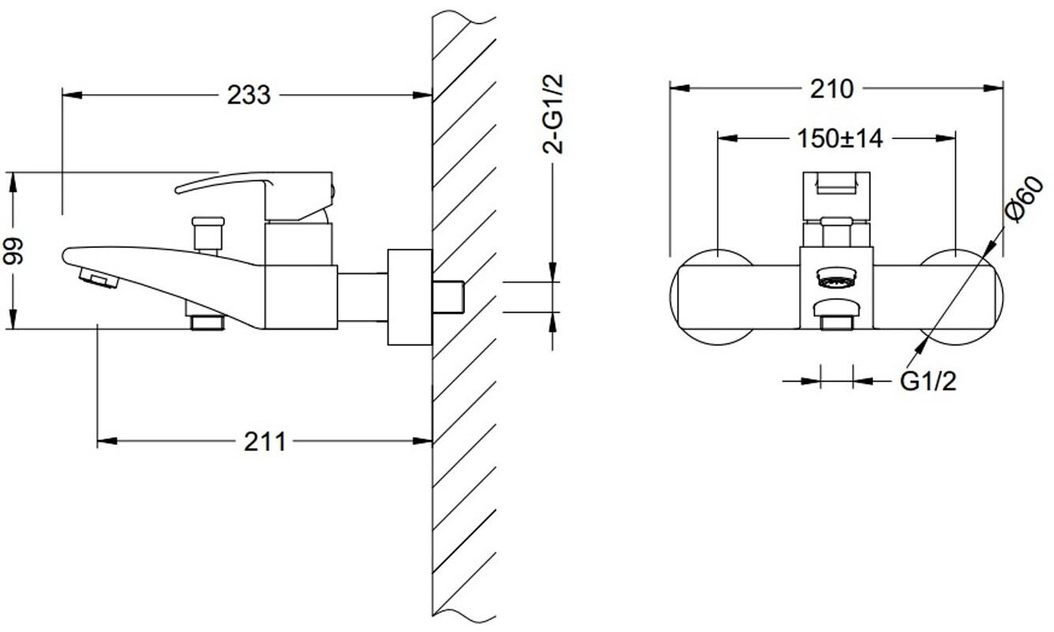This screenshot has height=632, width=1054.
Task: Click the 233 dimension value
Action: pos(249,95)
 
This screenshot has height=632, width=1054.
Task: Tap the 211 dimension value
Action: pos(265,442)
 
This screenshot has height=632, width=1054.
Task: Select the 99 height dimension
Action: pos(13,251)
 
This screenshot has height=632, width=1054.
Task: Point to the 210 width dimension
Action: pos(831,88)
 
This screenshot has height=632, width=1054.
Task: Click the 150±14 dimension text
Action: pos(840,138)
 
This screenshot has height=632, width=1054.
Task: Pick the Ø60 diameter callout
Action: pos(1024,199)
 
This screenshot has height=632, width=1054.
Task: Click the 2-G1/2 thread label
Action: pos(553,115)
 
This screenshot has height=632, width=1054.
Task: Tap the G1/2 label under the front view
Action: pos(928,381)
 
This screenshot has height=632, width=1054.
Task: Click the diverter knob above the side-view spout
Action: pos(208,234)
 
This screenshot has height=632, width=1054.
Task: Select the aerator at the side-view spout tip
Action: pos(98,278)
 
